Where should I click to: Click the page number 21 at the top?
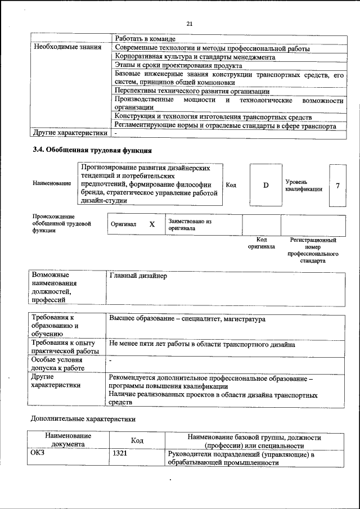point(189,23)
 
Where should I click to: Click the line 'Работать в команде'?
point(145,39)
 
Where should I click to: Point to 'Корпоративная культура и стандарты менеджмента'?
point(195,57)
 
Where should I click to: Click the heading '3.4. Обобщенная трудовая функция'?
point(93,150)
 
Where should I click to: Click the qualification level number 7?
point(337,186)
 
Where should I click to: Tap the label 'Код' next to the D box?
point(231,184)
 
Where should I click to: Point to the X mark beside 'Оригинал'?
point(151,224)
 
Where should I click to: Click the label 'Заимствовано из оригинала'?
point(189,225)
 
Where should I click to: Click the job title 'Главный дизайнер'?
point(138,276)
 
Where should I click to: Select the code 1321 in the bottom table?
point(120,453)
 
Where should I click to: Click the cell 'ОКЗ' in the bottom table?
point(37,453)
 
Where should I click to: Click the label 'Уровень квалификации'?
point(303,186)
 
